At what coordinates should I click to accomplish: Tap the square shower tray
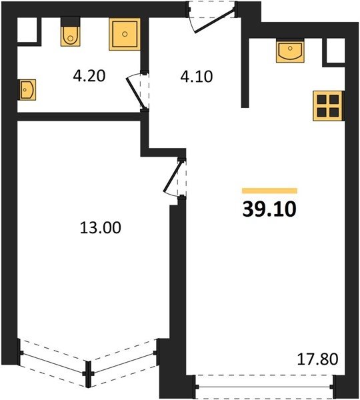pos(125,34)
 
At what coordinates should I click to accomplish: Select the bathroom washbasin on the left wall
pos(27,90)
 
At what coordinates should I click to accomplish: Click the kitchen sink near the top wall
pos(290,51)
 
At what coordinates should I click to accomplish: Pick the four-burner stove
pos(328,105)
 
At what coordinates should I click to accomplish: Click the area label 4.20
pos(89,76)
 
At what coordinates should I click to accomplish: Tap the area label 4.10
pos(197,77)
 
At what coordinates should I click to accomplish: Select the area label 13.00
pos(101,227)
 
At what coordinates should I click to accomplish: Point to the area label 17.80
pos(318,359)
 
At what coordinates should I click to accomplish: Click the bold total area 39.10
pos(269,209)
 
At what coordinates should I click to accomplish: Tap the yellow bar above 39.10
pos(270,191)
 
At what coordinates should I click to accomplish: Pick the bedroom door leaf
pos(173,177)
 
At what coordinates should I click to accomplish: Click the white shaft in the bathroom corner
pos(27,29)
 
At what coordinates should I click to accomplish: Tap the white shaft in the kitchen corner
pos(336,50)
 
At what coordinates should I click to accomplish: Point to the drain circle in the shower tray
pos(125,34)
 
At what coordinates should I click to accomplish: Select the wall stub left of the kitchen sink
pos(245,73)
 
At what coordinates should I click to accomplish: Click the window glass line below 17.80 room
pos(264,387)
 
